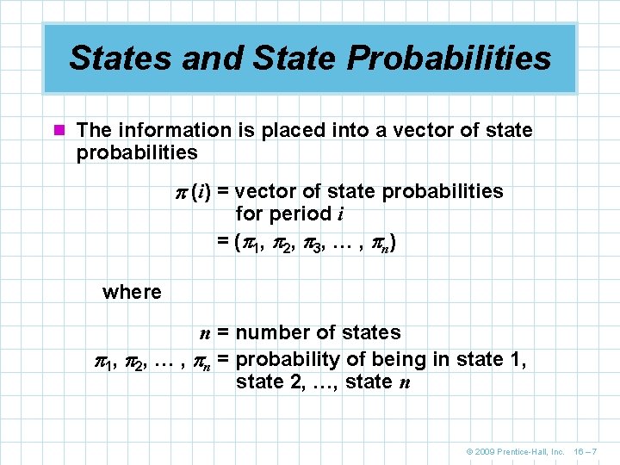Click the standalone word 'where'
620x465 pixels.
132,292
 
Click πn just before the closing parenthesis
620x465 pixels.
379,244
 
